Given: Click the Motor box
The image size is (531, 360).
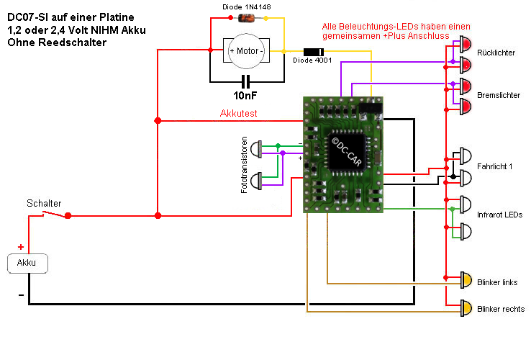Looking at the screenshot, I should [246, 51].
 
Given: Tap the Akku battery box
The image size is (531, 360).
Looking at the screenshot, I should [27, 264].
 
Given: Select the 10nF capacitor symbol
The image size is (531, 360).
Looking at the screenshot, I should [246, 80].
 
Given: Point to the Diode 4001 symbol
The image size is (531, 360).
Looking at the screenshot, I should [312, 52].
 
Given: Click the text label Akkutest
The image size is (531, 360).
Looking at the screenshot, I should [238, 114].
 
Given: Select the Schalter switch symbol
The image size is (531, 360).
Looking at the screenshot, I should [55, 214].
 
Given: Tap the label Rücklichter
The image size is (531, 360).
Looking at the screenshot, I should [496, 53].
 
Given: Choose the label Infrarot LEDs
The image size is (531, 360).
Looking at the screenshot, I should [499, 215].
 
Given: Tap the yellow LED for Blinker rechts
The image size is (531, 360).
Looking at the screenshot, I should [466, 308].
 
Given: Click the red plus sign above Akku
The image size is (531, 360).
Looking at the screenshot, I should [20, 247].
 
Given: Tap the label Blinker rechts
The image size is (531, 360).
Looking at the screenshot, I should [500, 309].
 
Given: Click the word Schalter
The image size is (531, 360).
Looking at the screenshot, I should [44, 203].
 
